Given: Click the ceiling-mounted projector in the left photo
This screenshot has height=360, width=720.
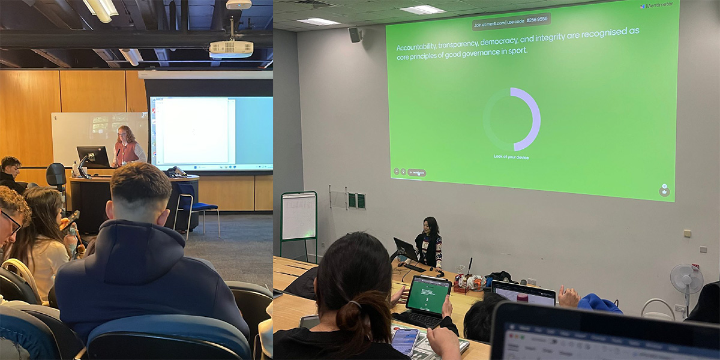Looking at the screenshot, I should tap(231, 48).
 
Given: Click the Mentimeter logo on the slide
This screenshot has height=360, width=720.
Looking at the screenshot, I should tap(658, 5).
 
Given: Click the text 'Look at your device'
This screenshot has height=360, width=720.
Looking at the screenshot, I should tap(511, 157).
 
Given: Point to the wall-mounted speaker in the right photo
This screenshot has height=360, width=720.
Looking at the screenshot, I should tap(355, 35).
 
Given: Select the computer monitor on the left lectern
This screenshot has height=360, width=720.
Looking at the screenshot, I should tap(93, 157).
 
